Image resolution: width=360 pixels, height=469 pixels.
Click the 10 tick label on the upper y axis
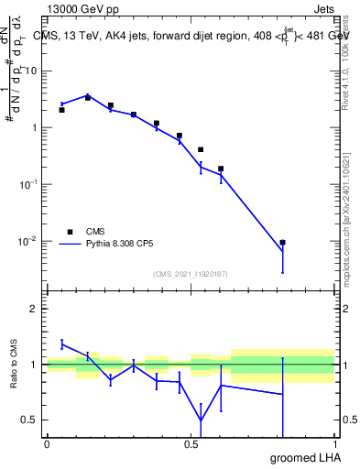click(x=31, y=71)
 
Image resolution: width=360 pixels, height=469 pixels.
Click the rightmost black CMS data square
click(x=283, y=243)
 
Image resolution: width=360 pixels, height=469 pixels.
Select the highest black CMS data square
click(x=88, y=97)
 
